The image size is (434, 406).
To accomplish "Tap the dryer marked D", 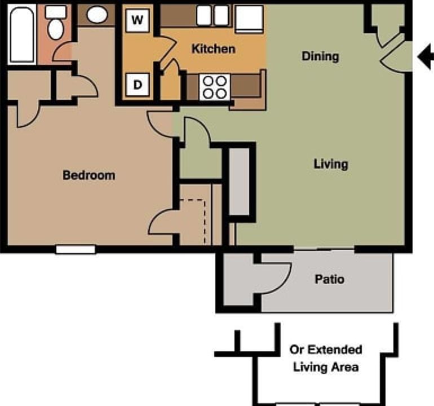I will coord(138,86).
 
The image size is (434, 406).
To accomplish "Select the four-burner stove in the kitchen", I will coord(215,87).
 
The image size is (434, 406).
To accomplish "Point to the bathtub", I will coord(21,33).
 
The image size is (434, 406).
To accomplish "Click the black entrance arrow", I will coord(426,55).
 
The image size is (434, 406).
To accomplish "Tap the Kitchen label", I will coord(213,49).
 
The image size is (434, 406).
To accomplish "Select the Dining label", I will coord(320,56).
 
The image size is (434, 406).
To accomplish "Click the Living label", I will coord(331,164).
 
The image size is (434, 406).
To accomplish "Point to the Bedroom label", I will coord(88,175).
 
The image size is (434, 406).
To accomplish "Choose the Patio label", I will coord(329,279).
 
